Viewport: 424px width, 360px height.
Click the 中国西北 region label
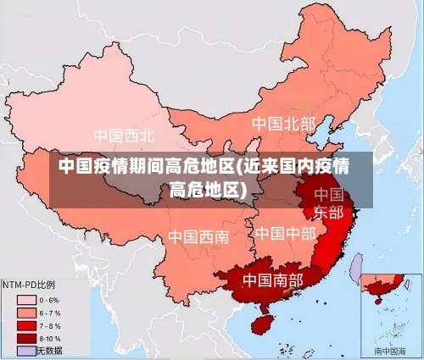click(124, 136)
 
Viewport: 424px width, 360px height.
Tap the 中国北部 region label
click(283, 125)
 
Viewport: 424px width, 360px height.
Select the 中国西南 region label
click(198, 236)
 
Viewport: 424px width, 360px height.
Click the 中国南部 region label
click(272, 279)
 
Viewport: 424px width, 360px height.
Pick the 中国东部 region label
click(328, 203)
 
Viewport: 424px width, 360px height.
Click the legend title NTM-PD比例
click(29, 285)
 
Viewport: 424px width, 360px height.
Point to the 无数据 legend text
click(48, 350)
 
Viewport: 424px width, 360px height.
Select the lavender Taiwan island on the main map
click(357, 269)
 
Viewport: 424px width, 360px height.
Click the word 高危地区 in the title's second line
click(202, 188)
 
